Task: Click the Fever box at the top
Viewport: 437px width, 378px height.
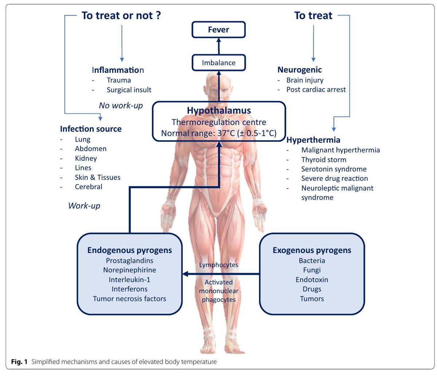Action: click(x=219, y=30)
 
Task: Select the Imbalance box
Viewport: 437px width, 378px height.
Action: click(x=219, y=63)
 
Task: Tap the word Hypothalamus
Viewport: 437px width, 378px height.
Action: click(x=219, y=110)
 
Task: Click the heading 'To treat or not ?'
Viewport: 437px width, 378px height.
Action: click(x=121, y=16)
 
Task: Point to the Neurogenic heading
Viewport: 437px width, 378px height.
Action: click(x=299, y=70)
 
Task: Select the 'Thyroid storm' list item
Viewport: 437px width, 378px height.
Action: click(x=323, y=160)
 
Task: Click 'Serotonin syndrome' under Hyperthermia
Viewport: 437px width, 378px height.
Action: click(x=334, y=169)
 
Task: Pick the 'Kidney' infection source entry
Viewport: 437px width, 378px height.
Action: click(x=86, y=158)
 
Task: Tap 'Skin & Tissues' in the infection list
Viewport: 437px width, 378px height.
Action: click(x=97, y=178)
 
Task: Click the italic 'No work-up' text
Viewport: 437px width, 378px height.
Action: click(x=121, y=106)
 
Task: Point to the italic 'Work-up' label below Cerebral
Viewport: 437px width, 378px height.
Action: click(x=84, y=206)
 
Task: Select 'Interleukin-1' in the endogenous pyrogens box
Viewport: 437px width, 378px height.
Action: click(x=129, y=280)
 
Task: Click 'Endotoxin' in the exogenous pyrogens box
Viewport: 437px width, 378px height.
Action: click(x=312, y=280)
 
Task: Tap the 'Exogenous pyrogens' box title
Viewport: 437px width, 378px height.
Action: click(x=312, y=250)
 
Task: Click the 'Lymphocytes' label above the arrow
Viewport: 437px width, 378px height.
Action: click(x=219, y=265)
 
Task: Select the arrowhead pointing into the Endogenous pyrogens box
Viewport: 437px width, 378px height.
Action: click(x=185, y=274)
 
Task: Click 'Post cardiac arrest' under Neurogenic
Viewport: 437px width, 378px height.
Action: click(x=316, y=90)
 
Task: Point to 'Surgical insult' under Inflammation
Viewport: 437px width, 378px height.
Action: click(x=129, y=90)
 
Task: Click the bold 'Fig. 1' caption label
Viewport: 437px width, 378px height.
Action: click(x=19, y=362)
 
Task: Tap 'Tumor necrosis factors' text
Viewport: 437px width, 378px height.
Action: click(x=129, y=299)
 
